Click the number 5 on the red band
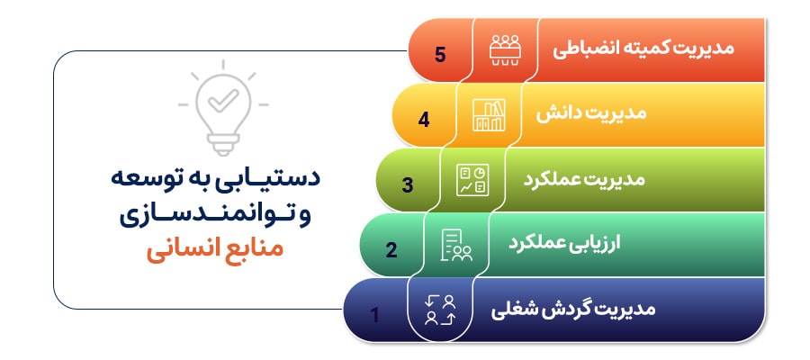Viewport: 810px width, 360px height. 440,54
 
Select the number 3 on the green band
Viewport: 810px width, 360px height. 408,185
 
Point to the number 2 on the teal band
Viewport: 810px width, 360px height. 391,249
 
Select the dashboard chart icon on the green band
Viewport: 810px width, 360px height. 472,179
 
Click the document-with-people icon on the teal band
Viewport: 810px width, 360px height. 456,244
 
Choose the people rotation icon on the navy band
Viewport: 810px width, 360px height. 440,309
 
